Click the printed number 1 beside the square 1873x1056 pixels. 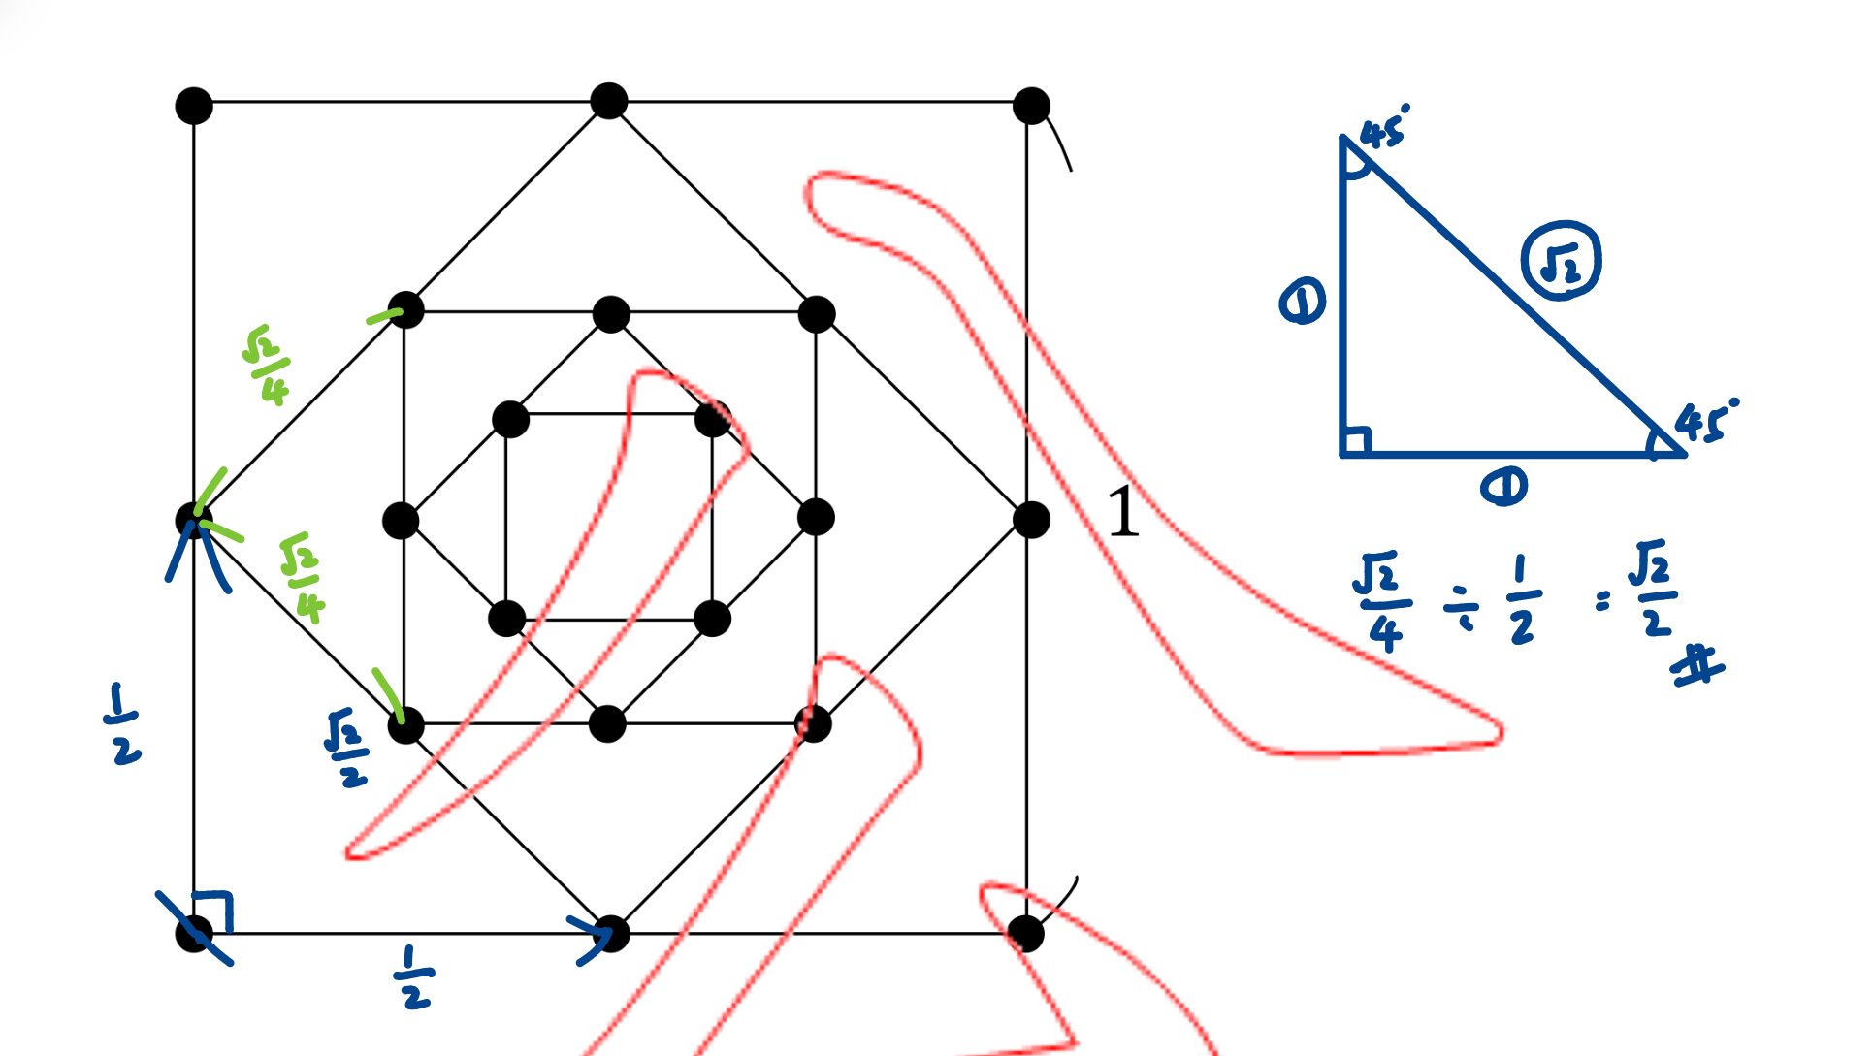(1123, 511)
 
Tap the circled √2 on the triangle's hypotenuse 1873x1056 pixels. (1561, 261)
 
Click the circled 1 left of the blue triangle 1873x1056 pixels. (1302, 302)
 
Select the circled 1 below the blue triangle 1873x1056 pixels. (1503, 486)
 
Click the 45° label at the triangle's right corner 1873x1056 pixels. (1705, 421)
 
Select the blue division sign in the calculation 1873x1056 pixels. (1461, 609)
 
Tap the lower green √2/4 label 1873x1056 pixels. (302, 577)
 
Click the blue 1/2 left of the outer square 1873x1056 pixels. (123, 723)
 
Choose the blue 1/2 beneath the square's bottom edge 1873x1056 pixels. (414, 977)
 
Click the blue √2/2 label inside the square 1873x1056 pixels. (346, 748)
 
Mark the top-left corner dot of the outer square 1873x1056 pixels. (194, 105)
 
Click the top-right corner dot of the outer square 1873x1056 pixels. (1031, 105)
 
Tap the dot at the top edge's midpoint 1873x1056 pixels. (609, 101)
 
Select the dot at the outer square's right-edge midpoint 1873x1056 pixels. (1031, 520)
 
